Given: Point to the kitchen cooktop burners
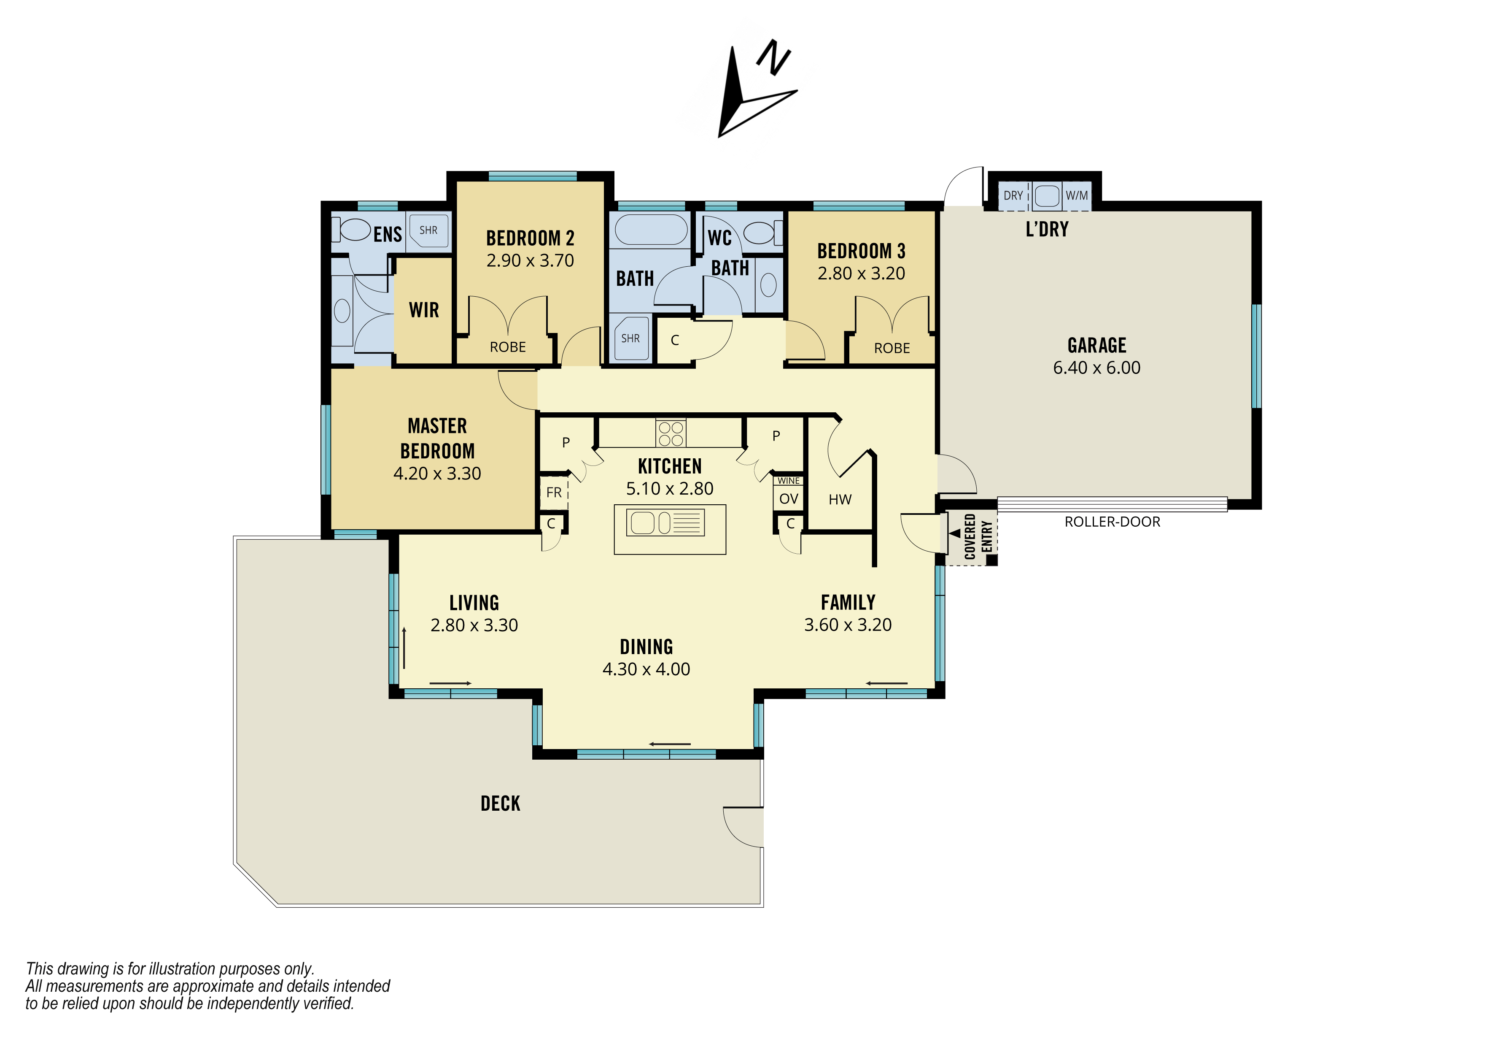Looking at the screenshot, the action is coord(671,433).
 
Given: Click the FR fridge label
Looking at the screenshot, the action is coord(554,492).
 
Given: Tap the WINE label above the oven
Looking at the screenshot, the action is coord(789,481).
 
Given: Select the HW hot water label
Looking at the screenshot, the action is coord(840,500).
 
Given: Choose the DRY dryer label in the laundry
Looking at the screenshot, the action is coord(1013,195).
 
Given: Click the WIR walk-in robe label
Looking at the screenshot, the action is coord(424,310).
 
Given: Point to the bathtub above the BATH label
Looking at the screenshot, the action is coord(651,229).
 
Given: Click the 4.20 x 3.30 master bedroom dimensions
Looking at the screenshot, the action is coord(437,474).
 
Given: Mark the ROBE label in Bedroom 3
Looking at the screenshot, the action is coord(892,349).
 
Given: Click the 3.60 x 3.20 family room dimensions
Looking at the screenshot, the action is coord(848,625).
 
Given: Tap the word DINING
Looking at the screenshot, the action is coord(646,647).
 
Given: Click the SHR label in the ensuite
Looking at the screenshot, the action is coord(428,230).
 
